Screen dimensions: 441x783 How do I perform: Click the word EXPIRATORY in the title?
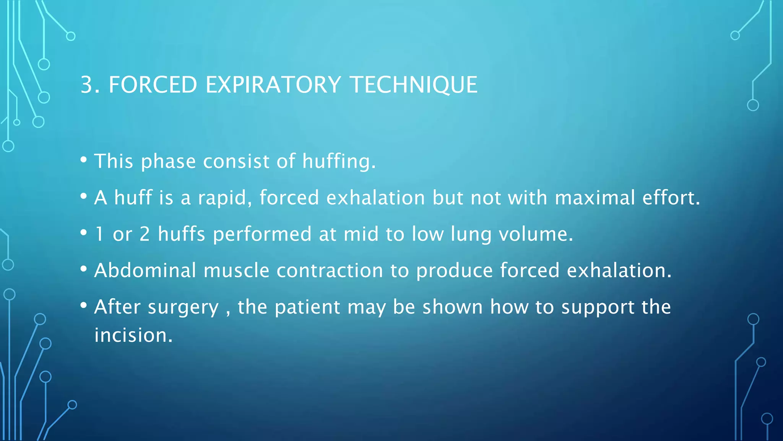tap(273, 85)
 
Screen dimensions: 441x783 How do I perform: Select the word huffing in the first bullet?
tap(339, 161)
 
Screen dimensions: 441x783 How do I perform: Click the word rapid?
tap(225, 198)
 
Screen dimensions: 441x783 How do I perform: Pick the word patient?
tap(307, 307)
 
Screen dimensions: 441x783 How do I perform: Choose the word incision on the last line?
tap(133, 335)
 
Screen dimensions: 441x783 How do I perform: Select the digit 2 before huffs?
tap(145, 234)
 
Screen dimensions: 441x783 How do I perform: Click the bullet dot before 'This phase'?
tap(84, 159)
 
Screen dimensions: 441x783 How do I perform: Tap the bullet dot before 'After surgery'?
tap(84, 305)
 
